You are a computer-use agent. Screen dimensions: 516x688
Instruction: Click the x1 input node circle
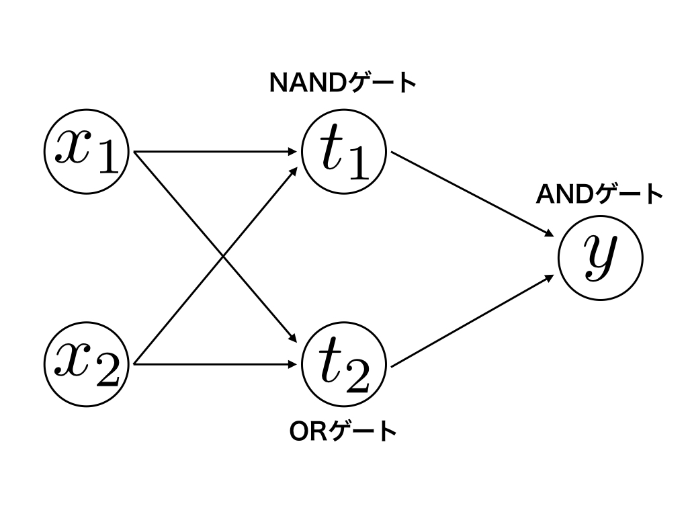click(86, 152)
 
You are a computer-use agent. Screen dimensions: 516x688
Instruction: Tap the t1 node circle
click(344, 152)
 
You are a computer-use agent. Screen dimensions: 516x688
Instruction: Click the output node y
click(600, 257)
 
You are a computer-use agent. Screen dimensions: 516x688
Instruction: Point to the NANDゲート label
click(343, 83)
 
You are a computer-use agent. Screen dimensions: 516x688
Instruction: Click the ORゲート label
click(343, 431)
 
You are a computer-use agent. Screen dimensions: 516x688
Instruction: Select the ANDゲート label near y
click(599, 195)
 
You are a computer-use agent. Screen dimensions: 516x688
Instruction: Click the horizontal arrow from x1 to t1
click(215, 152)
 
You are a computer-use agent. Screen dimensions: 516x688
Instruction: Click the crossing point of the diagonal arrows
click(224, 258)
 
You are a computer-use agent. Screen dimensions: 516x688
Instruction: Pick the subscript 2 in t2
click(357, 378)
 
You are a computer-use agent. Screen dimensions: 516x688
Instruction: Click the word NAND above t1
click(306, 83)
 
